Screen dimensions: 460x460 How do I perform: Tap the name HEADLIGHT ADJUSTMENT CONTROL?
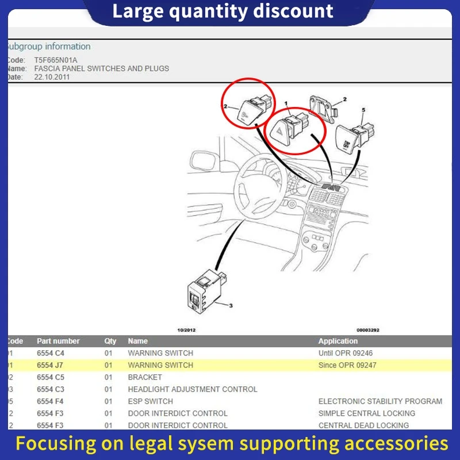[192, 389]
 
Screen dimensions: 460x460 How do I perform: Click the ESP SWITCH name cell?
[150, 401]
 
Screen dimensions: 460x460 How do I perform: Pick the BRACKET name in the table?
[145, 377]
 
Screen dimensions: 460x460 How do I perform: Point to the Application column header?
[338, 341]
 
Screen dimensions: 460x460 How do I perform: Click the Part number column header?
[58, 341]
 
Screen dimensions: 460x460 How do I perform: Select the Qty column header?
[110, 341]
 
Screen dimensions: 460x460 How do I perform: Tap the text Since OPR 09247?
[347, 365]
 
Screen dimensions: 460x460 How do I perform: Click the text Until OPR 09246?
[346, 353]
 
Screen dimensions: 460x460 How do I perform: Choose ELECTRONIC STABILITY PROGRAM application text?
[380, 401]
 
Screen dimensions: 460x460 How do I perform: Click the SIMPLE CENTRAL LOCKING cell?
[366, 413]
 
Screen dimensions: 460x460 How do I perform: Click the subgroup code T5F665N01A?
[56, 60]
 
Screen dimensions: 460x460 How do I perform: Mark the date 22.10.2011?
[52, 76]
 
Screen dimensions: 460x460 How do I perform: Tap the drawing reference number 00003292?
[368, 330]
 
